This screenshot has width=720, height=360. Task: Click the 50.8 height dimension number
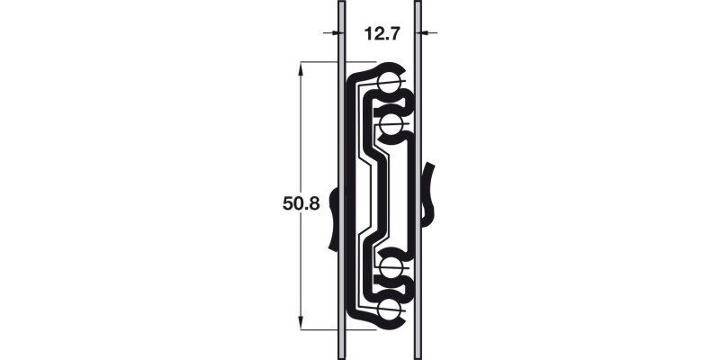[301, 203]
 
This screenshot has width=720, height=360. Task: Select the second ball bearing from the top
[391, 124]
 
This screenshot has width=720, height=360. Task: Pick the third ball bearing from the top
[391, 267]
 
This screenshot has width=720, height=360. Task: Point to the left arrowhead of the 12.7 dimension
[332, 33]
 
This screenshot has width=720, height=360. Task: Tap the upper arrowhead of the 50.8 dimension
[301, 67]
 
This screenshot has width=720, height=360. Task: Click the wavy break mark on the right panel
[429, 193]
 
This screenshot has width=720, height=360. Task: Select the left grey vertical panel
[341, 108]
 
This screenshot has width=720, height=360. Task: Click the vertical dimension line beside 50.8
[301, 135]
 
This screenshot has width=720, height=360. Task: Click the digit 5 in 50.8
[288, 203]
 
